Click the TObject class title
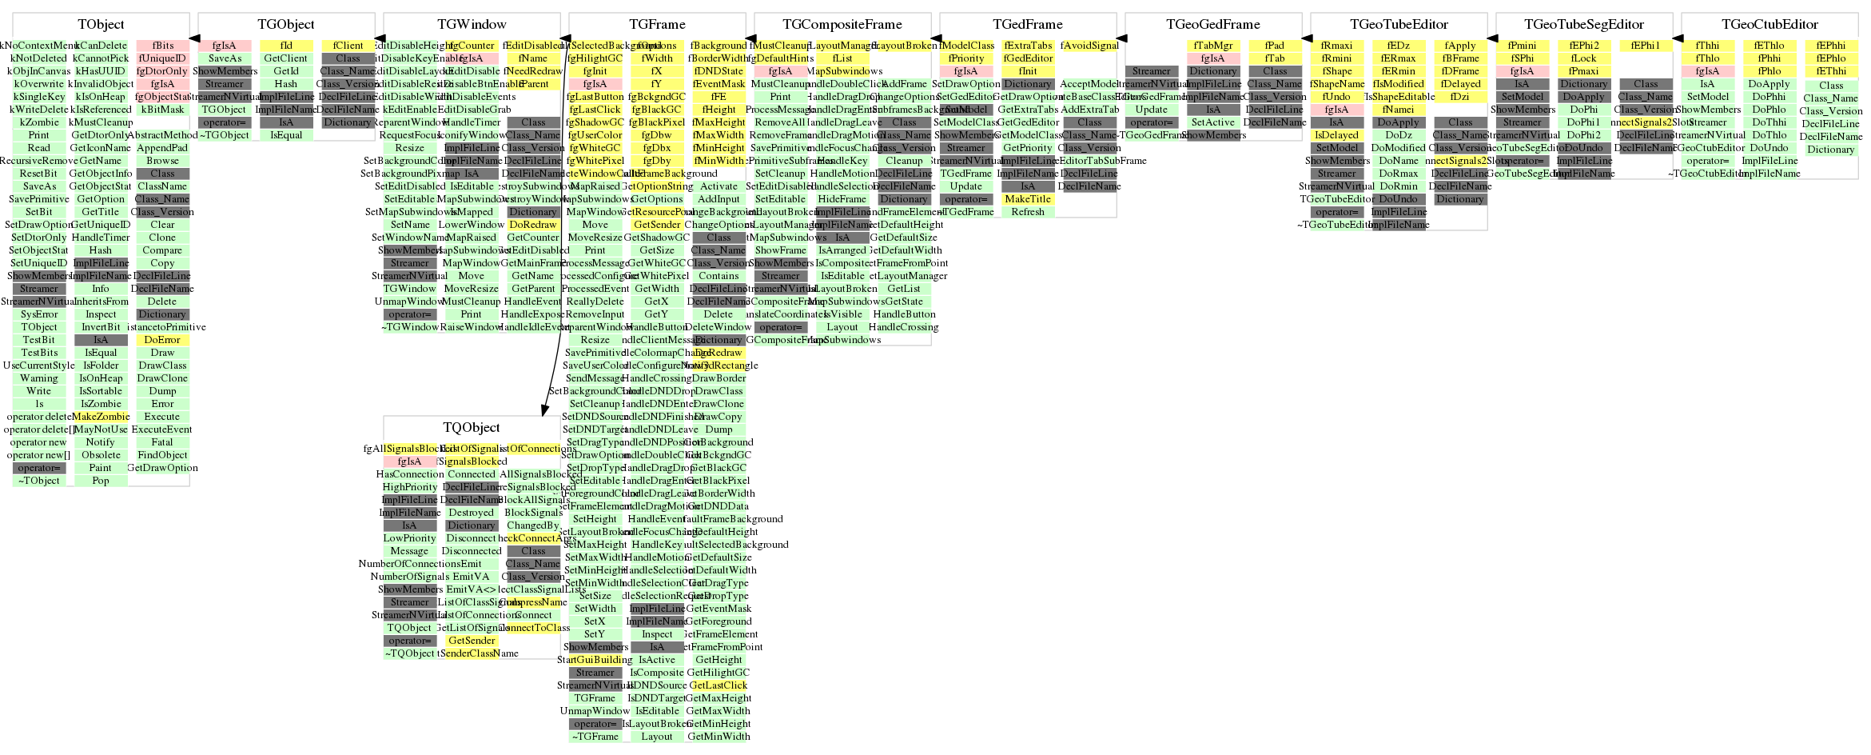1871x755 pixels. pyautogui.click(x=101, y=25)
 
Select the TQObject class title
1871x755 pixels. pyautogui.click(x=472, y=428)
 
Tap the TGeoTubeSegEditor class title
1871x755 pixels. pyautogui.click(x=1583, y=25)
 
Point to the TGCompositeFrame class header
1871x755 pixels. pyautogui.click(x=842, y=25)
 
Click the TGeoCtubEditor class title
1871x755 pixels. pyautogui.click(x=1769, y=25)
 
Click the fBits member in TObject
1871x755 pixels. pyautogui.click(x=162, y=46)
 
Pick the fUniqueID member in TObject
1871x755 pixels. pyautogui.click(x=162, y=58)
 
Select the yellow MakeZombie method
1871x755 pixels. pyautogui.click(x=101, y=417)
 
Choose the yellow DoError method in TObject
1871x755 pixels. pyautogui.click(x=162, y=340)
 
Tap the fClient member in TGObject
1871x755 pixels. pyautogui.click(x=348, y=46)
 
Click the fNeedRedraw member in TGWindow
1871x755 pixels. pyautogui.click(x=533, y=71)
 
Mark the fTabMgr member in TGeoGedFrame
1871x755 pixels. pyautogui.click(x=1212, y=46)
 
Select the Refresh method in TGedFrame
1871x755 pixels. pyautogui.click(x=1028, y=212)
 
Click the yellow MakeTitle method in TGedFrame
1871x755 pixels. pyautogui.click(x=1028, y=199)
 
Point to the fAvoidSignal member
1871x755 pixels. pyautogui.click(x=1089, y=46)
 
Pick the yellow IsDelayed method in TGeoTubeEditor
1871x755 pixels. pyautogui.click(x=1336, y=135)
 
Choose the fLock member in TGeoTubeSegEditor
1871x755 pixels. pyautogui.click(x=1583, y=58)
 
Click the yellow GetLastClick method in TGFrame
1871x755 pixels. pyautogui.click(x=718, y=685)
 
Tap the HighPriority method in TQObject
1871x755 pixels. pyautogui.click(x=410, y=487)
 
